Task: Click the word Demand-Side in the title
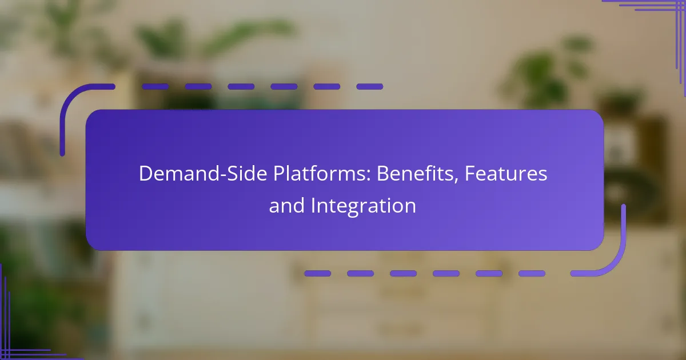point(203,174)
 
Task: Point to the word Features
point(506,174)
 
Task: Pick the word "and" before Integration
point(287,205)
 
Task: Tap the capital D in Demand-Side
point(146,174)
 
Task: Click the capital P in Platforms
point(279,174)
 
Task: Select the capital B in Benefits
point(383,174)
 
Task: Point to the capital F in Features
point(470,174)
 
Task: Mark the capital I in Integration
point(313,205)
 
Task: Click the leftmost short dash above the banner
point(155,87)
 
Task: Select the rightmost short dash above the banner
point(370,87)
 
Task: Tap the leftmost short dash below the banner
point(318,273)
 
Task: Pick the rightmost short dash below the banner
point(532,273)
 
